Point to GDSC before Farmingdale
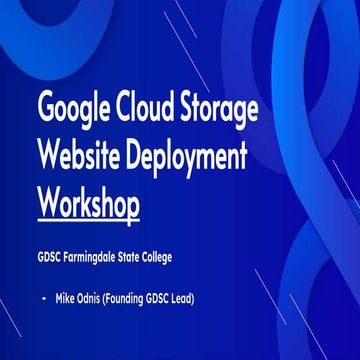53,258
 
